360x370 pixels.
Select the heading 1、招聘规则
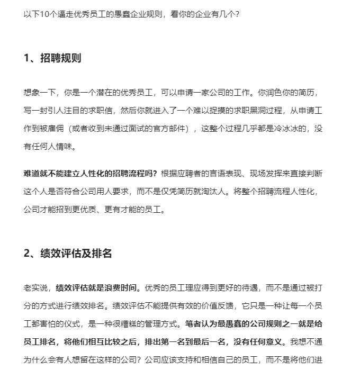tap(52, 58)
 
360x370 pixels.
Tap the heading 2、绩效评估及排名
tap(68, 254)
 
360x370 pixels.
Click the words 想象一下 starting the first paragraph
tap(39, 93)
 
